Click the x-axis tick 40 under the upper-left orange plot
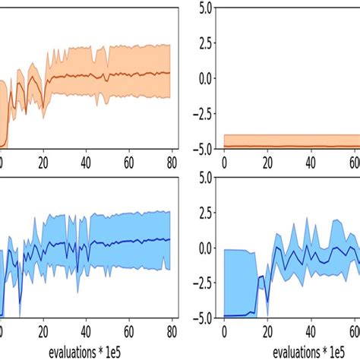pos(86,160)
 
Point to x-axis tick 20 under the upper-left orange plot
pos(43,160)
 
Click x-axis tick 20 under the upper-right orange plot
pos(267,160)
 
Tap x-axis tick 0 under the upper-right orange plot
pos(224,160)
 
